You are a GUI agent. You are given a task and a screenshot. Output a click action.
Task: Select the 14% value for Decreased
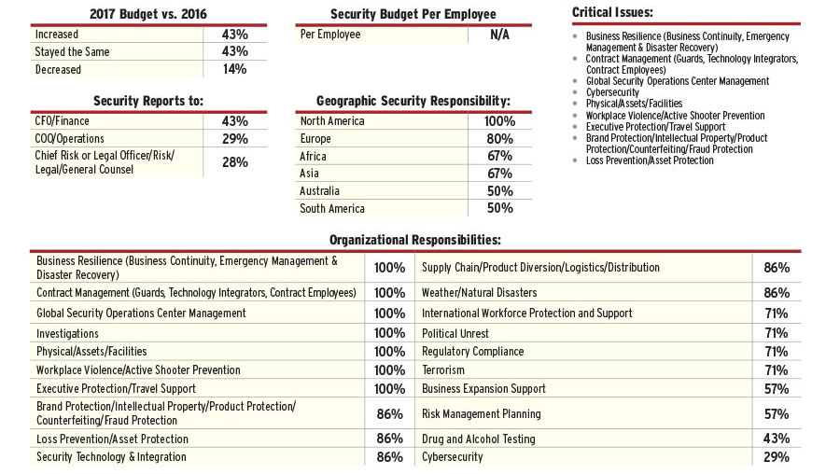[x=234, y=69]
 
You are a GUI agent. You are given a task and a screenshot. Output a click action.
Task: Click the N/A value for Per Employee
[x=499, y=35]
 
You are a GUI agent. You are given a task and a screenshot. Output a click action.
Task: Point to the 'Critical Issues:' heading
[x=611, y=12]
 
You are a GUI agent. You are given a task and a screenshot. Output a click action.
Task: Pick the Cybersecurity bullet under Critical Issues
[x=612, y=92]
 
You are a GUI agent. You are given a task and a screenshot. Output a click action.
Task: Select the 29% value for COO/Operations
[x=234, y=139]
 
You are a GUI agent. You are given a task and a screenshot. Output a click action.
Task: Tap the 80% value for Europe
[x=499, y=139]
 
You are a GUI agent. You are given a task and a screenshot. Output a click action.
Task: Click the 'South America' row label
[x=332, y=209]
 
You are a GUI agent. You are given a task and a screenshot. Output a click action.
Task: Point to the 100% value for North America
[x=499, y=121]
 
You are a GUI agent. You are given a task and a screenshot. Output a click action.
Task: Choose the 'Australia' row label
[x=320, y=191]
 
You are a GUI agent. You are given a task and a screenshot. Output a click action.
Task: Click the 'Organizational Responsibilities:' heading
[x=415, y=240]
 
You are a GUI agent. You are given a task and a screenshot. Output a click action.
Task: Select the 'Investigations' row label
[x=67, y=333]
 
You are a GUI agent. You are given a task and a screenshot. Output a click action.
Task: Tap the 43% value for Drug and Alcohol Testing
[x=777, y=439]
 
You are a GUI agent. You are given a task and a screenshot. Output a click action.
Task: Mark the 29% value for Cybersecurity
[x=777, y=457]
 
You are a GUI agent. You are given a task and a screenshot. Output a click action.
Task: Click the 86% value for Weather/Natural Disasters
[x=777, y=293]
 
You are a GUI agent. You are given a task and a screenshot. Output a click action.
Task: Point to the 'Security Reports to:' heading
[x=148, y=101]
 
